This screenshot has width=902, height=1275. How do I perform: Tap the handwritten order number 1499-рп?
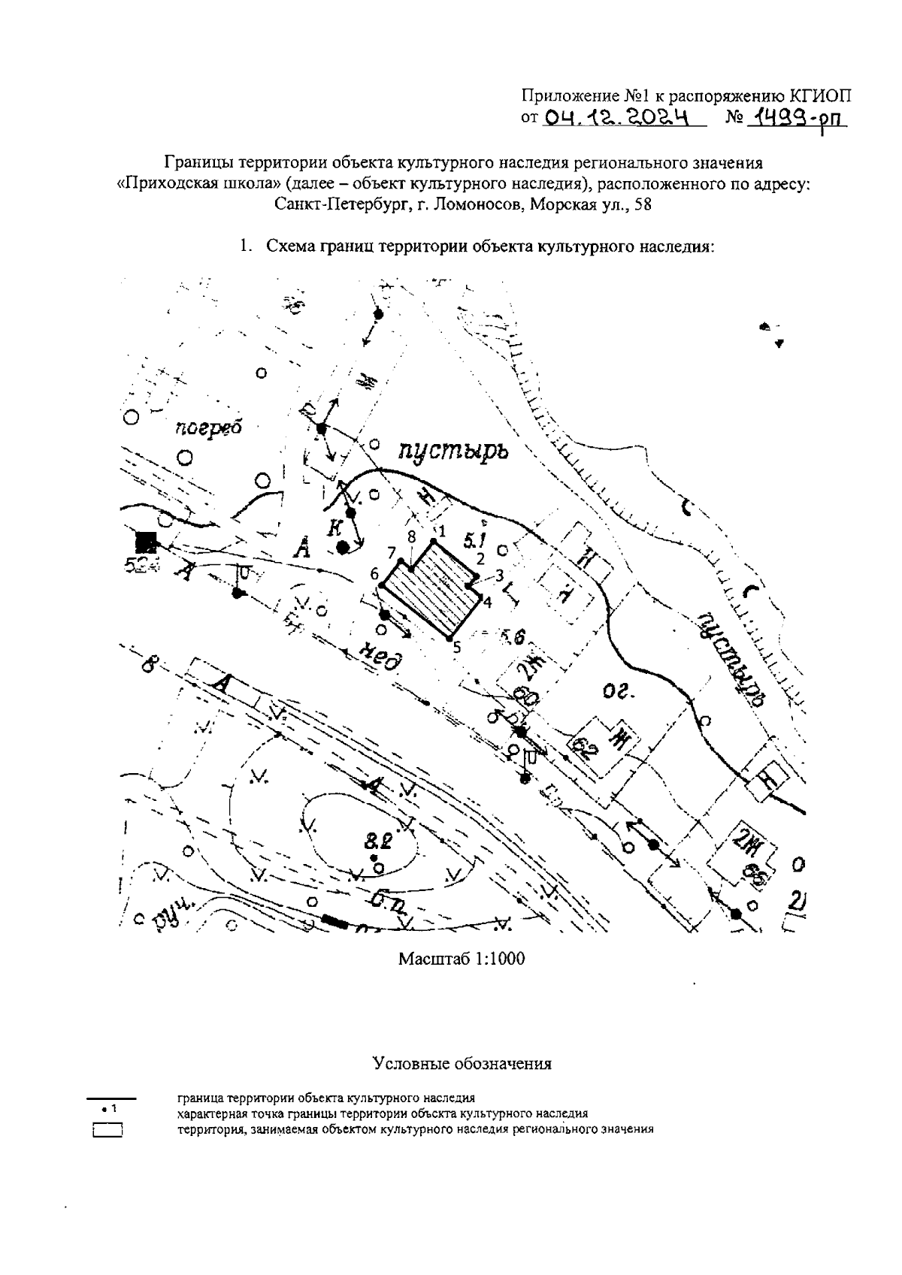coord(792,117)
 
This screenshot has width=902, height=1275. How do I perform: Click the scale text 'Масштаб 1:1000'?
coord(462,959)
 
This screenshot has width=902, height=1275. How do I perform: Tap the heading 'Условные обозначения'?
coord(462,1064)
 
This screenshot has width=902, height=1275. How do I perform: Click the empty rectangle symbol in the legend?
coord(107,1130)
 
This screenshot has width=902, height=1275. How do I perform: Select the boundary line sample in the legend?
coord(110,1099)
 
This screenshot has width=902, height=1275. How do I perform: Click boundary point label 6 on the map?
coord(374,574)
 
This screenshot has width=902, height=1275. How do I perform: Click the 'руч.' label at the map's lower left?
coord(175,913)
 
